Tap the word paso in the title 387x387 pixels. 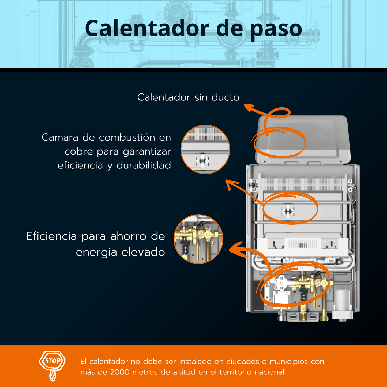click(276, 30)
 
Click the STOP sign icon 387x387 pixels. click(52, 366)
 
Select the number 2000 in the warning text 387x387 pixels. click(120, 372)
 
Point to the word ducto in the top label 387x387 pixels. click(226, 97)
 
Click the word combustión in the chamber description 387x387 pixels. click(127, 137)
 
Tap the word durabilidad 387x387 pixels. click(144, 165)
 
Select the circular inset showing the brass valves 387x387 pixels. click(198, 239)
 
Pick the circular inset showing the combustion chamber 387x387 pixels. click(205, 149)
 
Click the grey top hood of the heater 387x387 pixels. click(303, 139)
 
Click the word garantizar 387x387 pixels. click(147, 151)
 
